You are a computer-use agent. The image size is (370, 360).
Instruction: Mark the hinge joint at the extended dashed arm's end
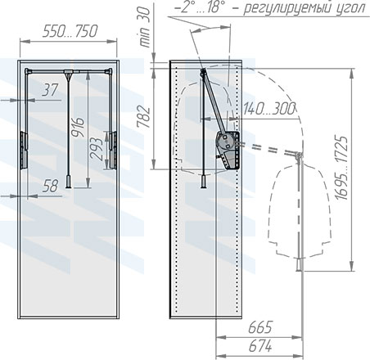pyautogui.click(x=300, y=155)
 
